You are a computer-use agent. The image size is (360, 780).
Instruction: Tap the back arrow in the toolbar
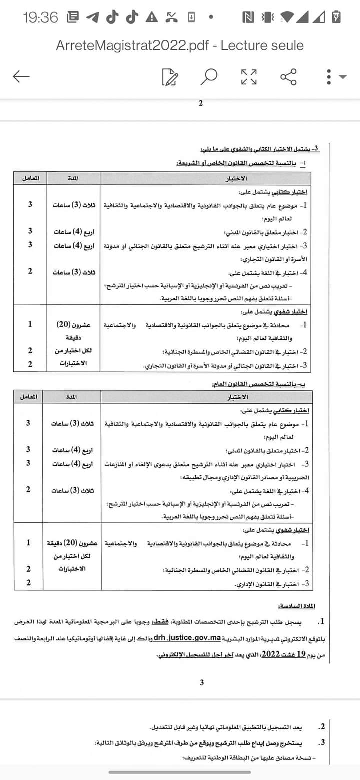pos(21,76)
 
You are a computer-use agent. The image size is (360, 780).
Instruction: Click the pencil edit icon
pos(170,77)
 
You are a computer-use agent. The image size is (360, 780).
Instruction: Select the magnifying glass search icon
pos(209,77)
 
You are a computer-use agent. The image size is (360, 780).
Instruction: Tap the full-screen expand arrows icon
pos(249,77)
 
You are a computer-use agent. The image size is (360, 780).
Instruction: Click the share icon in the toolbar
pos(288,77)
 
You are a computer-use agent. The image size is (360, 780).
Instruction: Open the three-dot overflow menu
pos(329,77)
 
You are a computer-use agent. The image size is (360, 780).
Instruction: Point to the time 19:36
pos(40,18)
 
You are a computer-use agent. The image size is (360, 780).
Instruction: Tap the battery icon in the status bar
pos(337,18)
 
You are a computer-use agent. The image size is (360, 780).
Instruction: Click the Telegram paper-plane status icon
pos(92,18)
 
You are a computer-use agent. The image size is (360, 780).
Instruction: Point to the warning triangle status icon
pos(151,18)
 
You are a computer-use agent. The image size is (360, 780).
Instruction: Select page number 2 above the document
pos(201,104)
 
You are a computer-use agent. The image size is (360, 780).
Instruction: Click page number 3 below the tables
pos(202,682)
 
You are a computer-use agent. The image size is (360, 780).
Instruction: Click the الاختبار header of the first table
pos(206,178)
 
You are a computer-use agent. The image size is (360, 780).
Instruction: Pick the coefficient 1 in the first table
pos(30,324)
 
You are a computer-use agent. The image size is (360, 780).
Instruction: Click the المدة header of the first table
pos(73,178)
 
